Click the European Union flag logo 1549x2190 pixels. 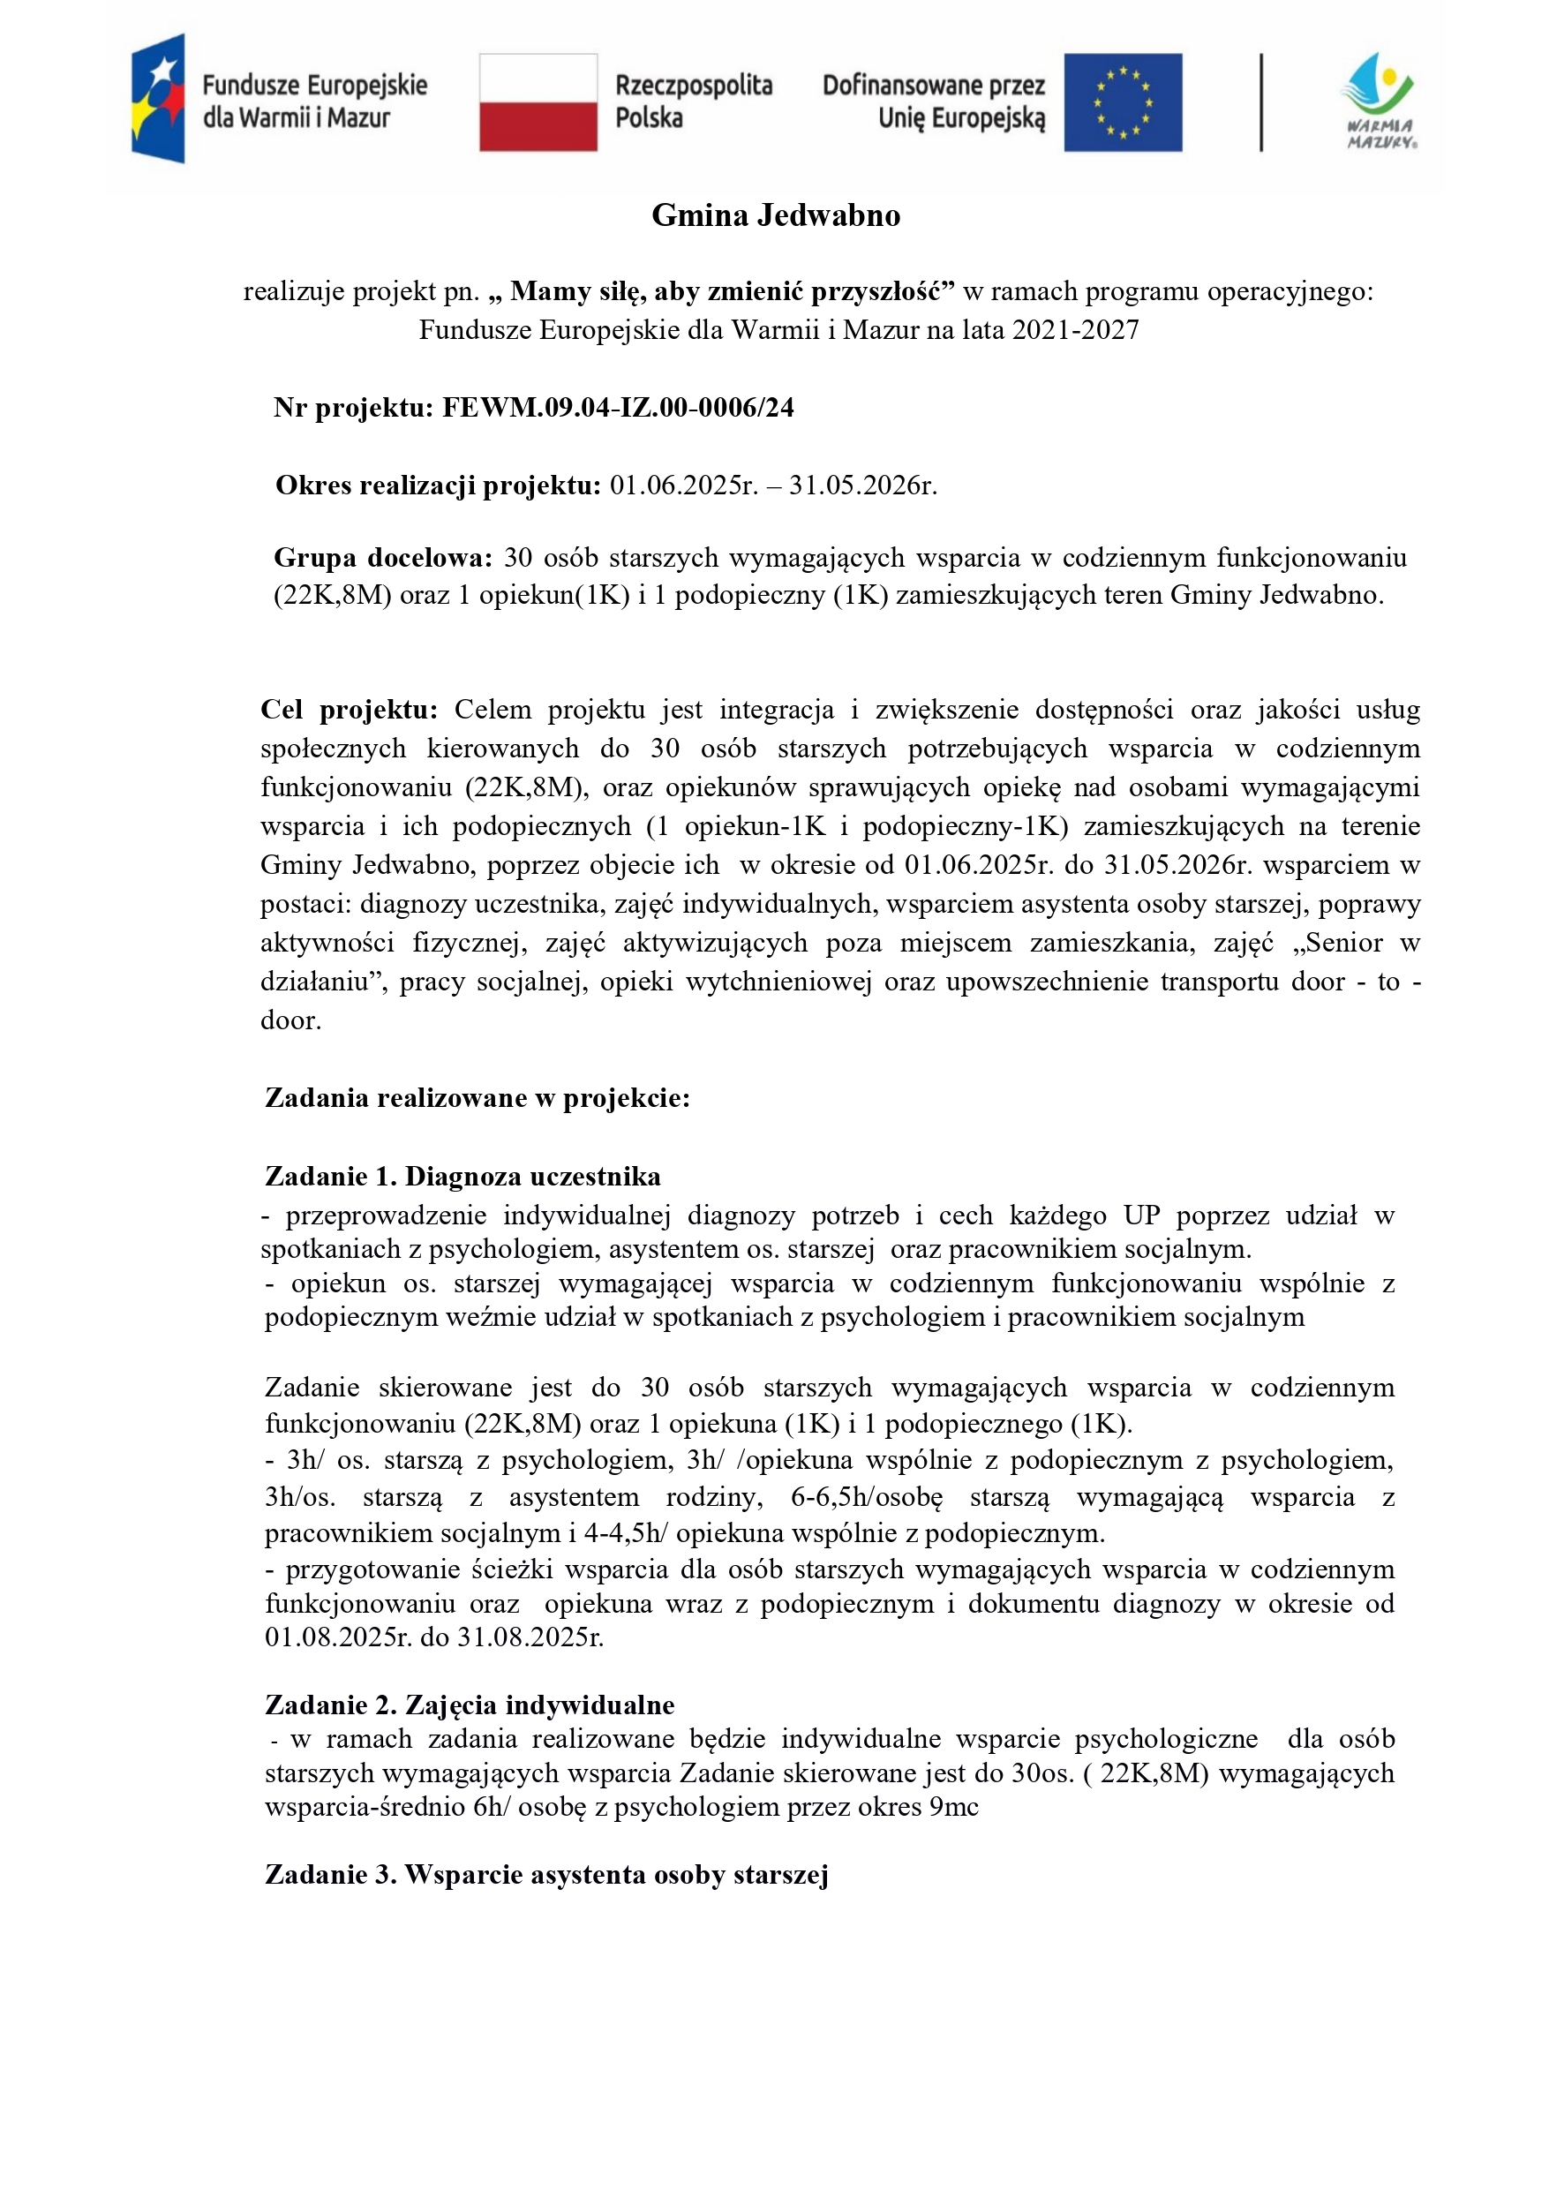[1123, 102]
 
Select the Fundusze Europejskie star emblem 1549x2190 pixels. [158, 98]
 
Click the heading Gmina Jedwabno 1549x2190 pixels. [776, 215]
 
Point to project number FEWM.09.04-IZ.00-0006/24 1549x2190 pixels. [617, 408]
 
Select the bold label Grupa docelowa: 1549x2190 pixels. [382, 557]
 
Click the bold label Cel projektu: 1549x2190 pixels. [350, 710]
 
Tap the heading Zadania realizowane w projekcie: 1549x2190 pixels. [477, 1098]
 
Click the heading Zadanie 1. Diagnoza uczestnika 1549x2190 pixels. [462, 1176]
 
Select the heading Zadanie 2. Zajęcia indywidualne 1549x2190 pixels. [470, 1705]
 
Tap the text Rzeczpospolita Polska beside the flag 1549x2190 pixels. [694, 102]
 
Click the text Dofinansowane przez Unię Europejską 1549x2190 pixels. [934, 102]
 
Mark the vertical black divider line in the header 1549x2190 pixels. [1261, 102]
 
